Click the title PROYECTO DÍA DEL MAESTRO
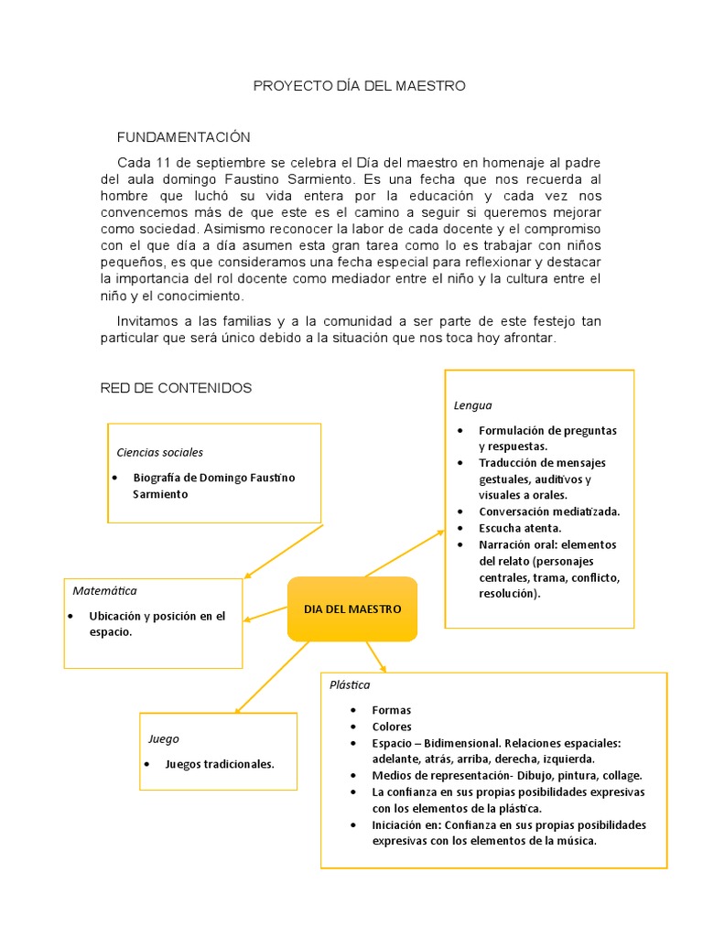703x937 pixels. pos(359,86)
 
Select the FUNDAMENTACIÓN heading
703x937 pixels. pos(183,137)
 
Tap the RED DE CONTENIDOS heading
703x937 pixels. pos(176,388)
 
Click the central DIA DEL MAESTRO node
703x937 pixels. pos(352,609)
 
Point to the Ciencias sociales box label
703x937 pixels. pos(160,452)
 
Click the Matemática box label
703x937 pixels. pos(104,591)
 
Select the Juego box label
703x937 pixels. pos(164,738)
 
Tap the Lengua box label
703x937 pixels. pos(472,405)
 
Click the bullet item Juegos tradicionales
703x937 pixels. pos(220,764)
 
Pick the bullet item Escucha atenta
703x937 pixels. pos(520,528)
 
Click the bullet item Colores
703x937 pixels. pos(392,727)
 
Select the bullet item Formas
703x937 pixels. pos(392,710)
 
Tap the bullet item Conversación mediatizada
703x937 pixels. pos(549,512)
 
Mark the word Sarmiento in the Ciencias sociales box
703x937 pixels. pos(160,494)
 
